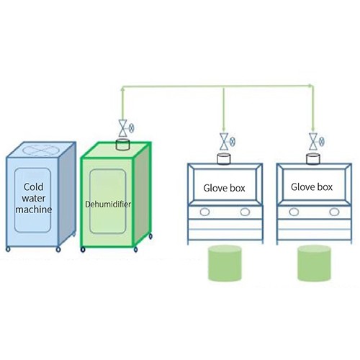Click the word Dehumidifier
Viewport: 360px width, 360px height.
point(108,204)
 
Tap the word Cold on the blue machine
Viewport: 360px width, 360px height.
point(34,186)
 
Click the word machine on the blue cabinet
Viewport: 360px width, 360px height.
point(34,210)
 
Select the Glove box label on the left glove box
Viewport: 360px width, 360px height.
point(224,188)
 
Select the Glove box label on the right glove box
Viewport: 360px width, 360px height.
point(312,187)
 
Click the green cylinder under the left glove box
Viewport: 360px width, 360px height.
point(225,263)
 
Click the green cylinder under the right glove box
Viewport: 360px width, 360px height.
point(314,263)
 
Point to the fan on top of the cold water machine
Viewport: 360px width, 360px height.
point(40,150)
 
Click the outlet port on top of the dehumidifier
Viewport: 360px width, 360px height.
point(123,145)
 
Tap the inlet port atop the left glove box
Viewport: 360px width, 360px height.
point(224,159)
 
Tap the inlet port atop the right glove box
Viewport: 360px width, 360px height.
point(313,159)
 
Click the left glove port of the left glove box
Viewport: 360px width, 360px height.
point(204,212)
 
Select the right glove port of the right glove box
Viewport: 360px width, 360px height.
point(334,212)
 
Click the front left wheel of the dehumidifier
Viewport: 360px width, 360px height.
point(83,250)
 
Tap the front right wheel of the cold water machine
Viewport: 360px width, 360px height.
point(58,250)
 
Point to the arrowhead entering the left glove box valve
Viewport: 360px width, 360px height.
point(224,130)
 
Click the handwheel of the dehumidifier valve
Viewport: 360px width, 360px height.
point(132,128)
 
